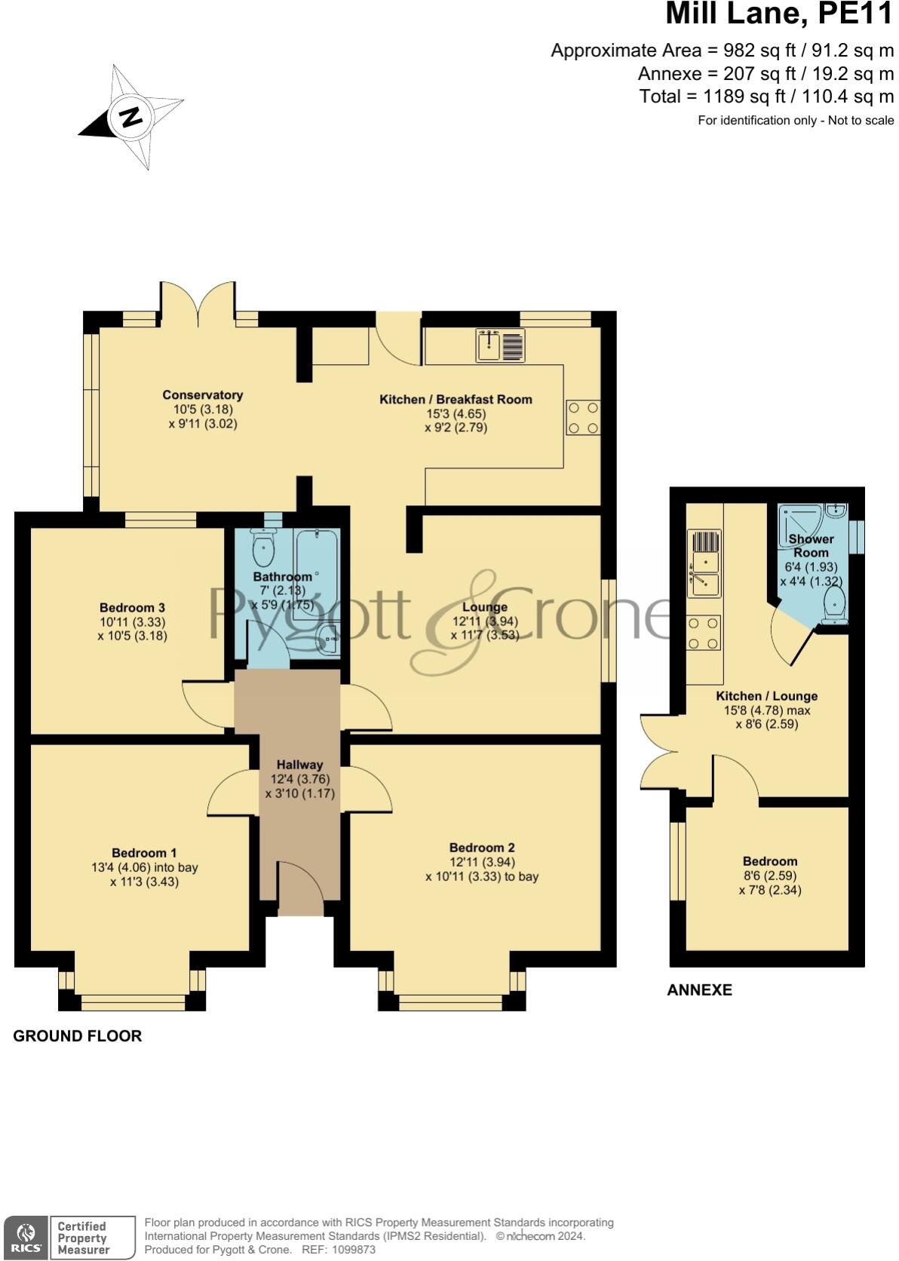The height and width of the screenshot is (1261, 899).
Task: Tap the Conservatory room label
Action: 202,395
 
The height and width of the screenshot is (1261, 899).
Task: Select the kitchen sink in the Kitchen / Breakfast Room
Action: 500,346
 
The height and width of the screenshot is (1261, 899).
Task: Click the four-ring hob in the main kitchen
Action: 584,418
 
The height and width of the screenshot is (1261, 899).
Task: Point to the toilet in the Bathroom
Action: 263,548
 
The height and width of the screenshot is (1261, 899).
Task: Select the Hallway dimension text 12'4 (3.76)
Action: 299,779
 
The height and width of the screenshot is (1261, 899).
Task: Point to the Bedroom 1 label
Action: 144,853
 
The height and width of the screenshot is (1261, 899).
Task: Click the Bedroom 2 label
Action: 481,848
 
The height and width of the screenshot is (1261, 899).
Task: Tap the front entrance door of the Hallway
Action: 300,890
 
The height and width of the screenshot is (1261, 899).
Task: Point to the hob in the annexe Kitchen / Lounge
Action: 704,633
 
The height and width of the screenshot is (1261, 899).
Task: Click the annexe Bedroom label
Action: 769,861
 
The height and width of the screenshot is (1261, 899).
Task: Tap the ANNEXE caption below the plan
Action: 699,990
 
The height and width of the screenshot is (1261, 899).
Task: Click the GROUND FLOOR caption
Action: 77,1036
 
